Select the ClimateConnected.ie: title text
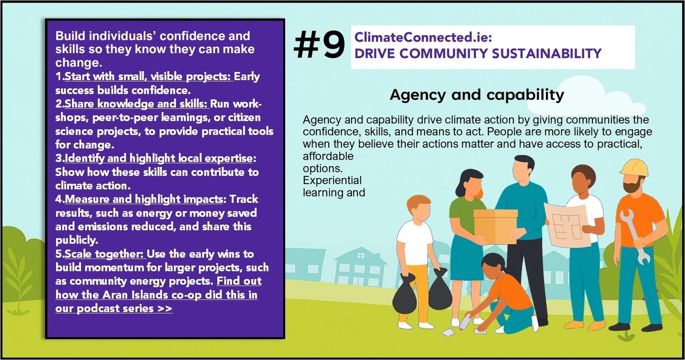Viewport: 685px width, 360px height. (423, 38)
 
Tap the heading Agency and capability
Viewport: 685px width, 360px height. (477, 95)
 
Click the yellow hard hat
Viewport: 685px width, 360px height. (634, 168)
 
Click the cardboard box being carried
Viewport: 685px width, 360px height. (495, 226)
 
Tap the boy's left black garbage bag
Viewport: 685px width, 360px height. (404, 294)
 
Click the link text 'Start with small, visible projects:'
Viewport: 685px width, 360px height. (149, 77)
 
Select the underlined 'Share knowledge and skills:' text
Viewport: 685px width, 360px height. (137, 104)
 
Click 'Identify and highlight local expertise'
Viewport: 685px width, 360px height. (159, 158)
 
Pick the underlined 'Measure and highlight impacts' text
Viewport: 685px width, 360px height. (144, 199)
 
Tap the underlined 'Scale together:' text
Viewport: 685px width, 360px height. (105, 254)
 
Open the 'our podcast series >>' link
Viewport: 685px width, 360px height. (114, 308)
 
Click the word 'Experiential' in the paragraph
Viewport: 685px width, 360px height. (332, 181)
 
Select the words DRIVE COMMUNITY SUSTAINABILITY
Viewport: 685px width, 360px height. (478, 54)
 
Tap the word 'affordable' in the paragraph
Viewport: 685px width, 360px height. (328, 156)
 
